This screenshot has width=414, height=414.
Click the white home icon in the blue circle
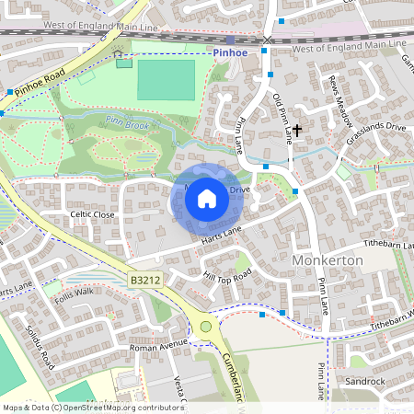(207, 198)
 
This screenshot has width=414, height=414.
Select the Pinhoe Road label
(40, 82)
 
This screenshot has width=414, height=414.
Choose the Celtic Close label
(92, 213)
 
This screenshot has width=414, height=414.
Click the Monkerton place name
(328, 260)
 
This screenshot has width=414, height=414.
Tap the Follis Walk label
(74, 293)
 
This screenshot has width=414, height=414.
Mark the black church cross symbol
(297, 131)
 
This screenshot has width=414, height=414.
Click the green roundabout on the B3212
(206, 327)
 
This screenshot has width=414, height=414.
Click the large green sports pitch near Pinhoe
(167, 80)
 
